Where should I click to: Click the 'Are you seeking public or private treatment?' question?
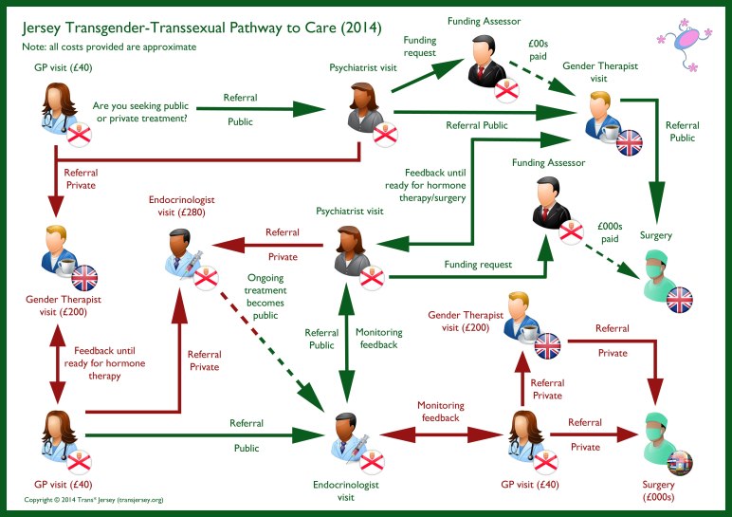pyautogui.click(x=139, y=111)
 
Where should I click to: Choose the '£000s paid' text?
pyautogui.click(x=609, y=233)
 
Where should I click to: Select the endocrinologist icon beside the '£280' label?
pyautogui.click(x=188, y=257)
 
